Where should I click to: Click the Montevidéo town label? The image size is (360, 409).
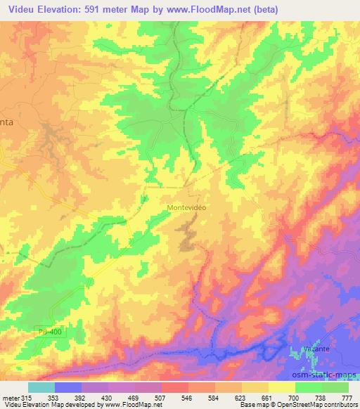(186, 208)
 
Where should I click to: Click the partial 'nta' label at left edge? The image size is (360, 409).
(6, 121)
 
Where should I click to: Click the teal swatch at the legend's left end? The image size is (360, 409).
(41, 387)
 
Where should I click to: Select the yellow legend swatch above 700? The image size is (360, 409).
(282, 387)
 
